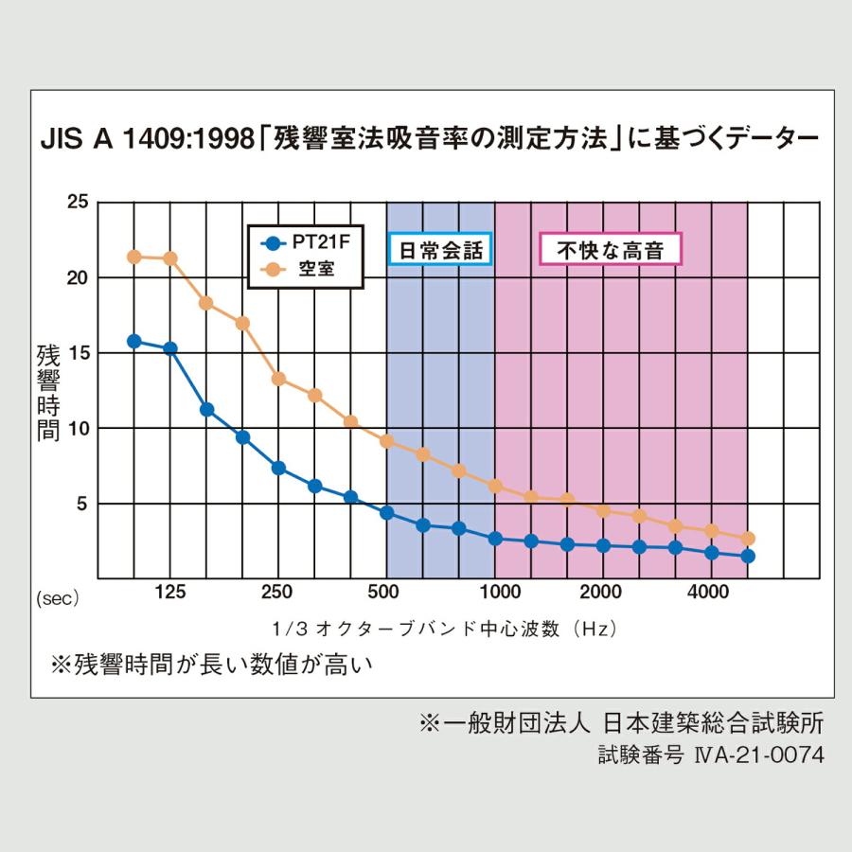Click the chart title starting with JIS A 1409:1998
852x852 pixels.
point(429,140)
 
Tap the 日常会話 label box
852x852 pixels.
point(439,250)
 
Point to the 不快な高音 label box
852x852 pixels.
point(610,250)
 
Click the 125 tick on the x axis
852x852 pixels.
point(170,593)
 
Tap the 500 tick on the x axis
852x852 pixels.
point(386,593)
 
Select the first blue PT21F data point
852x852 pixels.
point(134,341)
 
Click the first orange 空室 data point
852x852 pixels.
point(134,257)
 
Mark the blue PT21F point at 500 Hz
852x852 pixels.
point(386,513)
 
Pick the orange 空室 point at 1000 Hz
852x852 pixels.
point(494,486)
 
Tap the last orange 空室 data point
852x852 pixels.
point(748,539)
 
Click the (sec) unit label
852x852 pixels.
point(59,598)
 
